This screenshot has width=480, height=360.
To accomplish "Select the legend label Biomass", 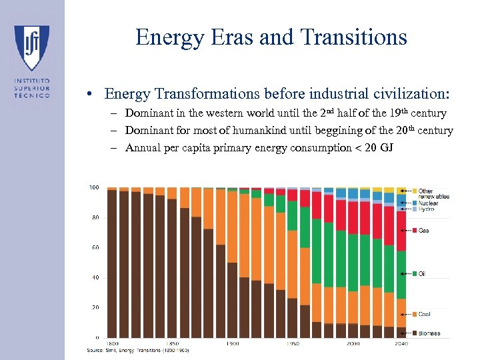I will click(x=429, y=333).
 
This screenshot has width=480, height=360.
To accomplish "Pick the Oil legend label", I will click(x=422, y=274).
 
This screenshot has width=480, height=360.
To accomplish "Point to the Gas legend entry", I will click(x=423, y=231).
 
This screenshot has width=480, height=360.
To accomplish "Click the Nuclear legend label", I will click(x=429, y=203).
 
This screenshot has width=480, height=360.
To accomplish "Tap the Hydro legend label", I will click(x=426, y=209).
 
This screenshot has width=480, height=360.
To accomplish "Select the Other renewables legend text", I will click(x=433, y=194).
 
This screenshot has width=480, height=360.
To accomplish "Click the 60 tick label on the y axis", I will click(x=95, y=247).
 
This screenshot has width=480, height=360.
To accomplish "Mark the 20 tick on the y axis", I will click(x=95, y=307).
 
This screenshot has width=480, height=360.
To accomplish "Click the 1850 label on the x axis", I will click(x=172, y=344).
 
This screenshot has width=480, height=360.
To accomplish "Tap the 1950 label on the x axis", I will click(x=293, y=344).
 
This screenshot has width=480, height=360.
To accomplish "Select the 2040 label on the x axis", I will click(x=401, y=344).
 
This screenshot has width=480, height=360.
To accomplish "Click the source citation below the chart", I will click(x=138, y=350).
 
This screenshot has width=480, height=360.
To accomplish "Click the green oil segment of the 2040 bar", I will click(x=401, y=274).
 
